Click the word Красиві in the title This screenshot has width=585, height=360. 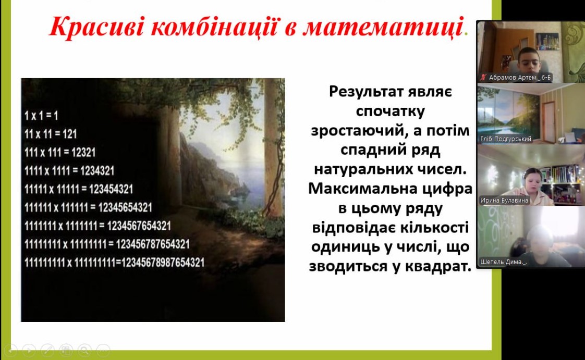click(96, 26)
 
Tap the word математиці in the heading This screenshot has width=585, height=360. click(383, 27)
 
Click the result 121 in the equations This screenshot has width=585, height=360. click(69, 134)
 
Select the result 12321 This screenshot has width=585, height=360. click(83, 152)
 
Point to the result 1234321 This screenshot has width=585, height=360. click(97, 171)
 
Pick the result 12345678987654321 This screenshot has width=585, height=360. click(163, 263)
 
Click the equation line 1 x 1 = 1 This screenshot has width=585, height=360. click(41, 116)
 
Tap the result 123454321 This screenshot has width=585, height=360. click(111, 189)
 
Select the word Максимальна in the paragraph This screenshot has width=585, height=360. click(363, 189)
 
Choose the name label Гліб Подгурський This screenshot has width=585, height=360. click(506, 139)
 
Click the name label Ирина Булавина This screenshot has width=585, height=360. click(504, 201)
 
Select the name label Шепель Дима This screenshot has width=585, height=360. click(503, 262)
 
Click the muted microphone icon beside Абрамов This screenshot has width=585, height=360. click(483, 78)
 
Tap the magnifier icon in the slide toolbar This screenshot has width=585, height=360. click(84, 350)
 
